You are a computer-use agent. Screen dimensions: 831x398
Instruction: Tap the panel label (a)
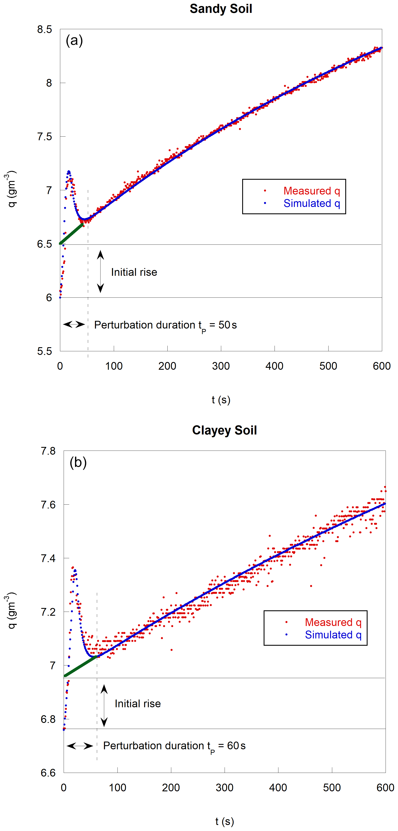pos(74,41)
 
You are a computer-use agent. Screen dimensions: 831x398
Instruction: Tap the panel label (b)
pos(78,462)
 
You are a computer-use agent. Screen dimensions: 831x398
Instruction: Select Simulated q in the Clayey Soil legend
pos(333,635)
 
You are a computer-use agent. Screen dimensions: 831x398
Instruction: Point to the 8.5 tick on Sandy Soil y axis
pos(45,29)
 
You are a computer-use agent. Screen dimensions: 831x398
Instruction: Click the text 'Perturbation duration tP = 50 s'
pos(165,325)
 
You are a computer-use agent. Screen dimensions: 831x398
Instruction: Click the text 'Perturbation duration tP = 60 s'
pos(174,746)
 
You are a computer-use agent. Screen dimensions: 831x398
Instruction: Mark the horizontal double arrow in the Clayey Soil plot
pos(80,746)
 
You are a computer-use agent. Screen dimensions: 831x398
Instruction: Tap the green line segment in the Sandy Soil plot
pos(71,234)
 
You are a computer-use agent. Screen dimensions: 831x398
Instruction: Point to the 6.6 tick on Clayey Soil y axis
pos(48,773)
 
